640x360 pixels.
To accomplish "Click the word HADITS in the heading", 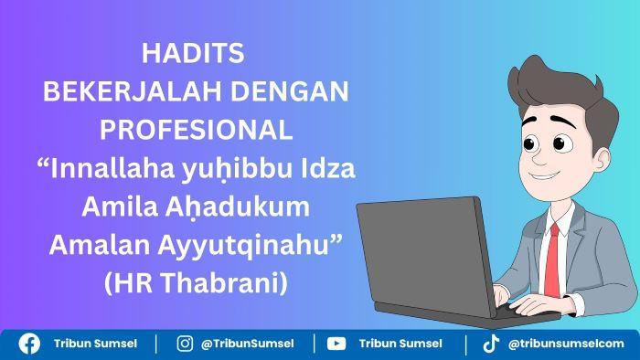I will tap(193, 54).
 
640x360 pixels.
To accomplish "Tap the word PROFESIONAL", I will tap(196, 131).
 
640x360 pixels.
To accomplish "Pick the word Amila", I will tap(115, 207).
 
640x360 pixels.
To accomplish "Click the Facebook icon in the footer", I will tap(29, 344).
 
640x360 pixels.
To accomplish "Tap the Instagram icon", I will tap(185, 344).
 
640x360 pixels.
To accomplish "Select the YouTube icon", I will tap(336, 344).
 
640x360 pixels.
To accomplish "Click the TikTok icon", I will tap(491, 344).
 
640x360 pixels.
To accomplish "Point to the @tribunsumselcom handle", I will tap(566, 344).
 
